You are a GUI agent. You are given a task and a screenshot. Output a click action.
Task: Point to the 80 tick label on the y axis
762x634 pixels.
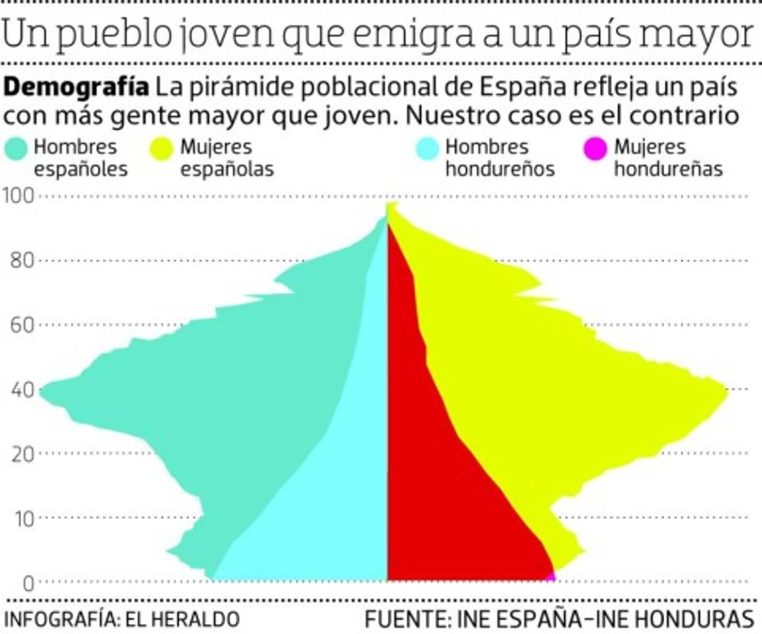click(22, 261)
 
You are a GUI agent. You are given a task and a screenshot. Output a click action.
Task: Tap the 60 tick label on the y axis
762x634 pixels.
click(22, 325)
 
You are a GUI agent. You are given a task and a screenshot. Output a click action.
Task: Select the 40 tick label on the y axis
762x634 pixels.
click(22, 390)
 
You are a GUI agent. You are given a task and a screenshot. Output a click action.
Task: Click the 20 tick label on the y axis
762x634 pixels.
click(22, 454)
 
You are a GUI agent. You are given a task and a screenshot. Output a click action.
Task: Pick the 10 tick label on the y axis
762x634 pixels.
click(22, 518)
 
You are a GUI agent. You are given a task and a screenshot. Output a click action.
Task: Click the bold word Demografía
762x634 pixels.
click(77, 89)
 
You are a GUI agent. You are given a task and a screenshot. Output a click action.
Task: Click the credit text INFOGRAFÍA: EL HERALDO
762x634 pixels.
click(121, 619)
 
